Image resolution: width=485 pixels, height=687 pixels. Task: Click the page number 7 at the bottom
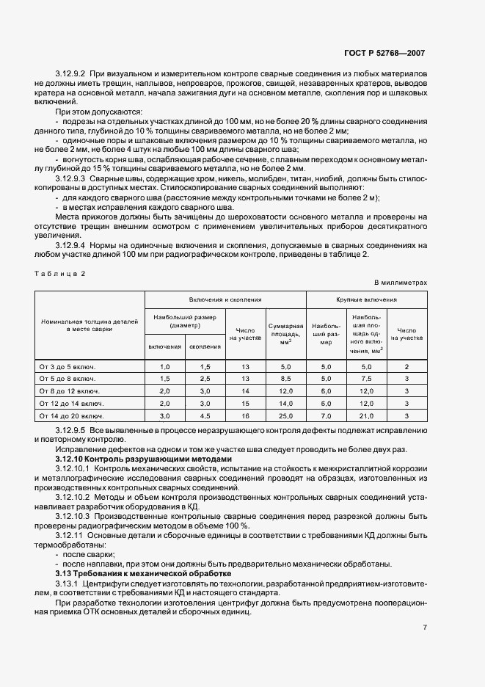pos(425,627)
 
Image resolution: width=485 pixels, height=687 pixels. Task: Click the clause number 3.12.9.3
pos(70,178)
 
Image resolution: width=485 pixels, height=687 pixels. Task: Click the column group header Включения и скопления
pos(225,299)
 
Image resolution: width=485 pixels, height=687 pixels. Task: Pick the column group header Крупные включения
pos(366,299)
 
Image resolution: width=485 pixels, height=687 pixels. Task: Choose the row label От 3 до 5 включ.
pos(68,366)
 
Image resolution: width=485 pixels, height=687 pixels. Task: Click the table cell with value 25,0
pos(285,415)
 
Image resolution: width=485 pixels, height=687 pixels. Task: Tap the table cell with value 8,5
pos(285,378)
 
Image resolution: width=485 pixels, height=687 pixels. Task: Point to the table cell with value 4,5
pos(205,415)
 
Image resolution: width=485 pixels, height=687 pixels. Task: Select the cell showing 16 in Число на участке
pos(245,415)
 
